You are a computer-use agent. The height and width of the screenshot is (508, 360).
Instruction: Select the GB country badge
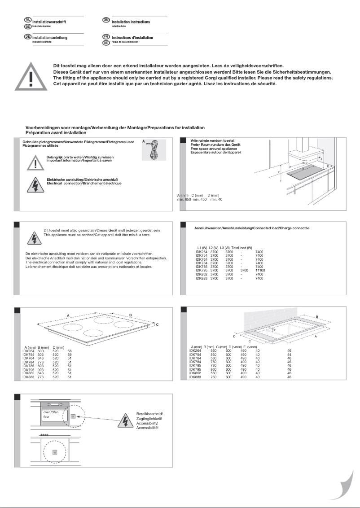[x=106, y=20]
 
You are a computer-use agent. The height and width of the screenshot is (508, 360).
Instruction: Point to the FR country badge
[x=106, y=36]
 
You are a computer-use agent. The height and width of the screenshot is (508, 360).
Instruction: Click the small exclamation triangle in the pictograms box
[x=35, y=162]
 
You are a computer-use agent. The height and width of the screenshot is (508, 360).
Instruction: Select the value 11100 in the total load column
[x=260, y=271]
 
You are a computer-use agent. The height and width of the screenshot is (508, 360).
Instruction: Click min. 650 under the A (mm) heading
[x=184, y=199]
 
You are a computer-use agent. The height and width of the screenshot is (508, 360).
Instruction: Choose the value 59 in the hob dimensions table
[x=70, y=355]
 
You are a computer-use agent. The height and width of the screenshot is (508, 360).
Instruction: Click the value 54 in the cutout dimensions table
[x=290, y=355]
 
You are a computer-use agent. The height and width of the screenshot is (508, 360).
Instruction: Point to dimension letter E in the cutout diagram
[x=275, y=330]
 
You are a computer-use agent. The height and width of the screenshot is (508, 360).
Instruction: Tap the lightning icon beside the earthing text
[x=35, y=238]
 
